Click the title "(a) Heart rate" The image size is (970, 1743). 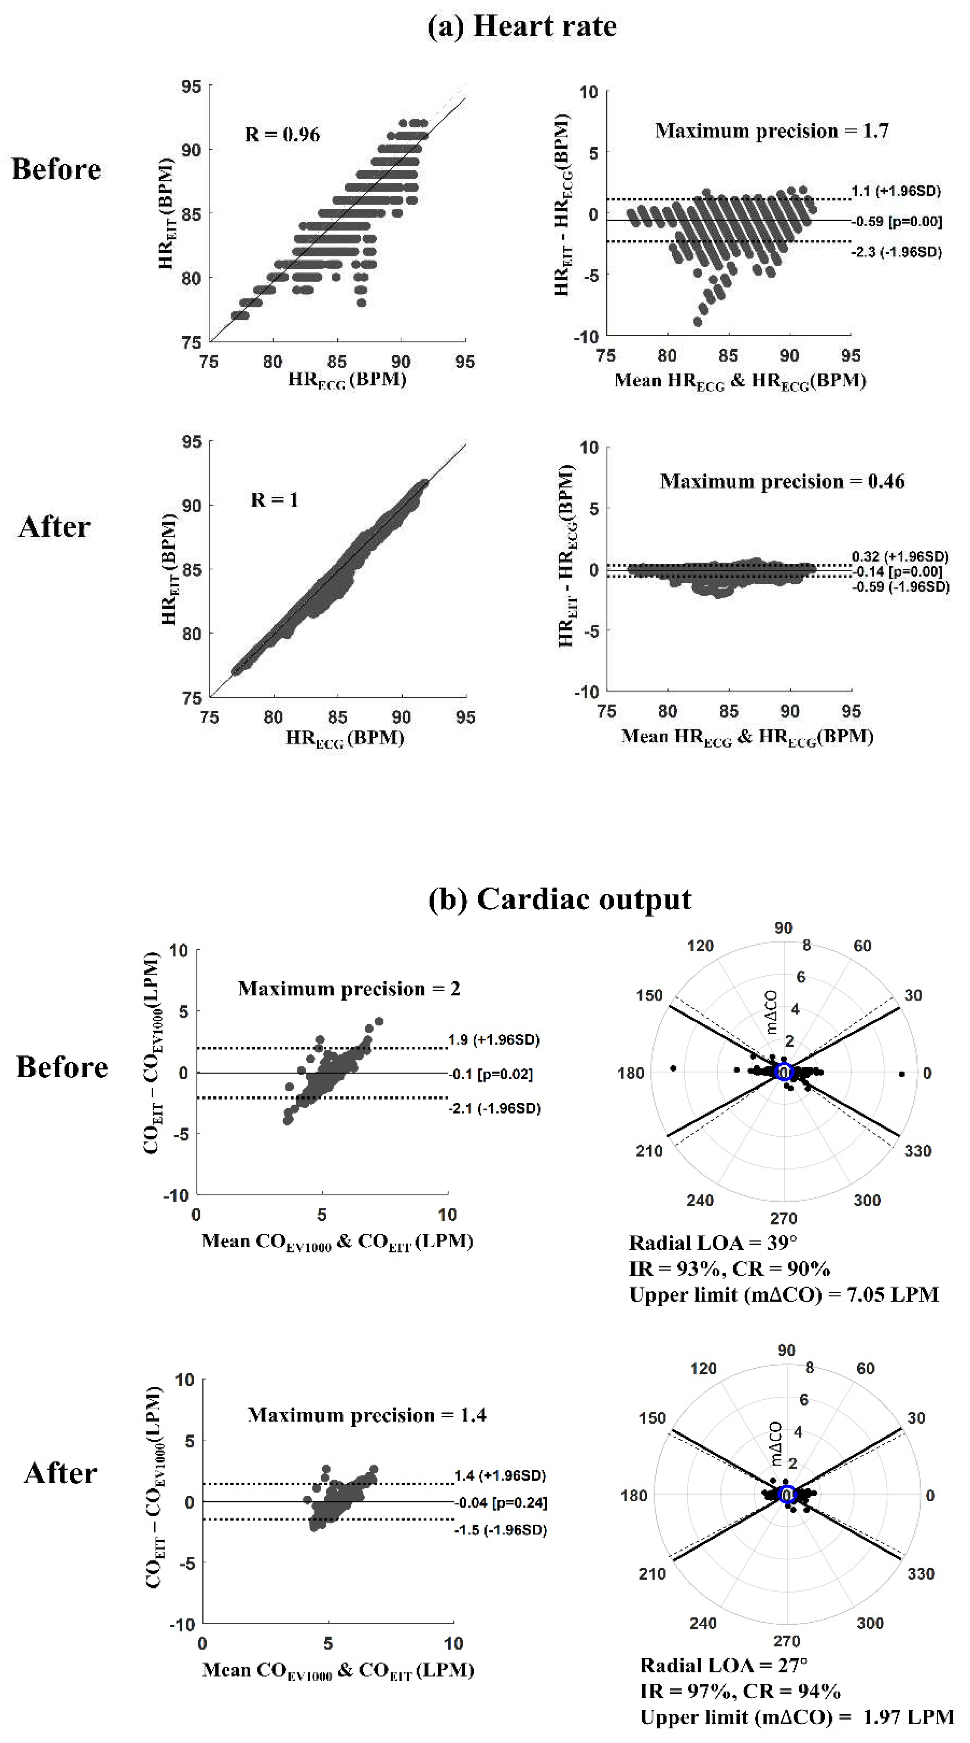(x=522, y=26)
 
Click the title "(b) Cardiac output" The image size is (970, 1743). (x=560, y=899)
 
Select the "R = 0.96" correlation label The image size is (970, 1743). (x=282, y=135)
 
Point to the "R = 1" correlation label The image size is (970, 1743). (x=274, y=500)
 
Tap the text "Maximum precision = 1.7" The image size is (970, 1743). (x=772, y=130)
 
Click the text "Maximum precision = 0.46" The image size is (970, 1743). (x=782, y=481)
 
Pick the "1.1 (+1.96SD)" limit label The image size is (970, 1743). (x=895, y=191)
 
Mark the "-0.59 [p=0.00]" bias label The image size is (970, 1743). (x=896, y=221)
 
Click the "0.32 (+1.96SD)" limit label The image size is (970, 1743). (x=900, y=556)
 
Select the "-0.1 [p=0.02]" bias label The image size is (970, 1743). (x=491, y=1074)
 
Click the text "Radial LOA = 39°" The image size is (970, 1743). (x=713, y=1243)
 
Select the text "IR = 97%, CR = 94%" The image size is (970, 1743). (x=740, y=1691)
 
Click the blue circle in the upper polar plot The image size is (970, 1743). (x=784, y=1072)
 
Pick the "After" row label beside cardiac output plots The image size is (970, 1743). (x=60, y=1473)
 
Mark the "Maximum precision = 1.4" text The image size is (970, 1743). (x=367, y=1415)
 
